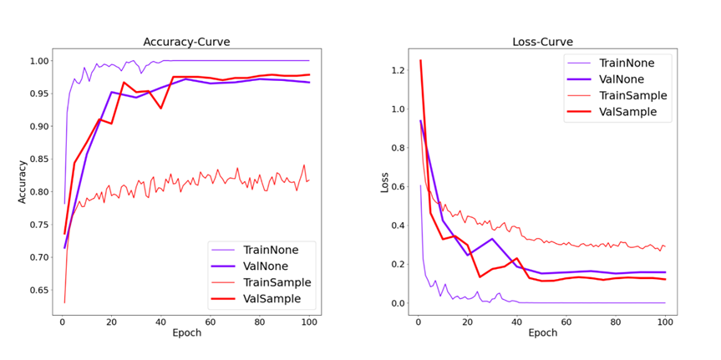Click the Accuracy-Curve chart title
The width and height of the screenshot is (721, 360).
(186, 43)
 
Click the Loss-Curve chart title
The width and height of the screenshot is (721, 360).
(542, 43)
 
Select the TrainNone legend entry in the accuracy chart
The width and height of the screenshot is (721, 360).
(270, 249)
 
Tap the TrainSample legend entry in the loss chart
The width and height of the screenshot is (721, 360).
(633, 95)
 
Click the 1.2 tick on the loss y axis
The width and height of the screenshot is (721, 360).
(396, 70)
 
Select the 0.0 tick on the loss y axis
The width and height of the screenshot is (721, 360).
(396, 303)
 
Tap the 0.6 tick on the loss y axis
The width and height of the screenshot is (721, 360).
(396, 186)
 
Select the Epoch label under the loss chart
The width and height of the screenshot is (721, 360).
(542, 333)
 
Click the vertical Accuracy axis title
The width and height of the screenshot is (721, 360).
(23, 181)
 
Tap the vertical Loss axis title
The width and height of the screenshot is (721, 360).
(384, 181)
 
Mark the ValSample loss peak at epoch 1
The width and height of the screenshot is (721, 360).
(420, 60)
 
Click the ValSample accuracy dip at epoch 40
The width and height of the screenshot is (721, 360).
(160, 109)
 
